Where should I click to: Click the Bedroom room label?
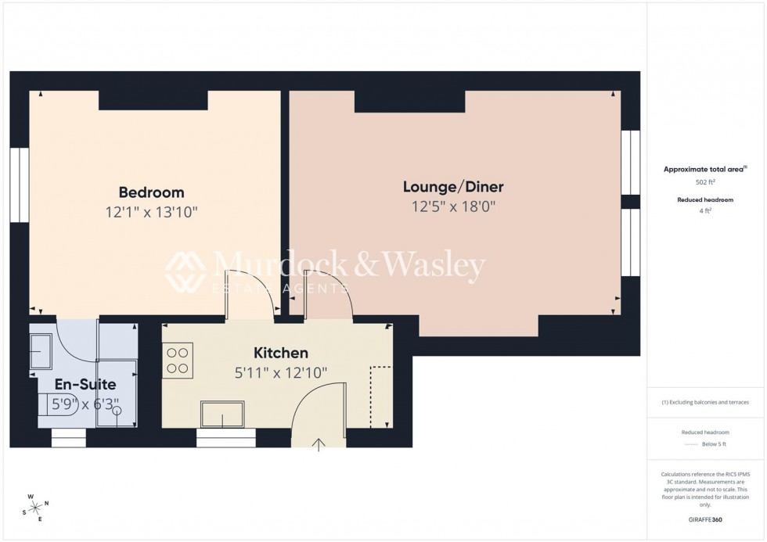click(x=151, y=192)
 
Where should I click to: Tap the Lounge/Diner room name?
click(x=453, y=187)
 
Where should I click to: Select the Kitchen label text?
click(x=281, y=353)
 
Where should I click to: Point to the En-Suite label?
click(x=85, y=385)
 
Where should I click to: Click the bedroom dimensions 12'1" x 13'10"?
click(x=151, y=212)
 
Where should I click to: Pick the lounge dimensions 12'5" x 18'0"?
click(x=453, y=206)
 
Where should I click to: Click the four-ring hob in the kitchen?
click(x=178, y=360)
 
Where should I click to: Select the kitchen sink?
click(x=221, y=414)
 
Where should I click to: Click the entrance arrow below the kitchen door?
click(x=319, y=446)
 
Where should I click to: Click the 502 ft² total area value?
click(x=706, y=182)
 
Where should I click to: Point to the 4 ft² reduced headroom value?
click(x=706, y=210)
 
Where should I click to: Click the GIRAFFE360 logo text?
click(x=705, y=519)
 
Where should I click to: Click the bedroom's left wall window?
click(x=20, y=185)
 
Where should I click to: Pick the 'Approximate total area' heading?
click(x=704, y=169)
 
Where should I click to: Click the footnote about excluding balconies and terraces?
click(x=705, y=402)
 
